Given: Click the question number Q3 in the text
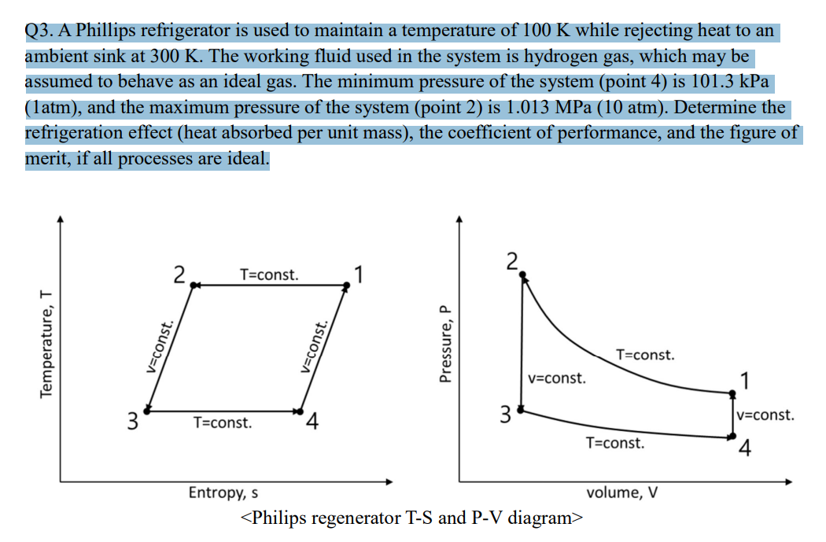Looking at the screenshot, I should (x=39, y=32).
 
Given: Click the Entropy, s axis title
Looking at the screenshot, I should (x=223, y=493).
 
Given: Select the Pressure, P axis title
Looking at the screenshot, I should (x=445, y=344).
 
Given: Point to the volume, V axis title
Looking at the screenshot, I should (x=623, y=493).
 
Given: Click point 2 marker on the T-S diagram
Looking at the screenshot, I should (x=194, y=286).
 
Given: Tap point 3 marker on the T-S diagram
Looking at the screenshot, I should (x=148, y=411).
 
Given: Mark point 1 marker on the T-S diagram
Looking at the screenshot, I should (x=345, y=286).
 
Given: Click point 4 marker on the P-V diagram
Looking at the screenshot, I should (x=732, y=435).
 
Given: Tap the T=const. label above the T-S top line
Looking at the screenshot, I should (x=269, y=275).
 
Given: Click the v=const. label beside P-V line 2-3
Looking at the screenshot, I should (x=557, y=378).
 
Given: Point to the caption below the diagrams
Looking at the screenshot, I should (x=413, y=518).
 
